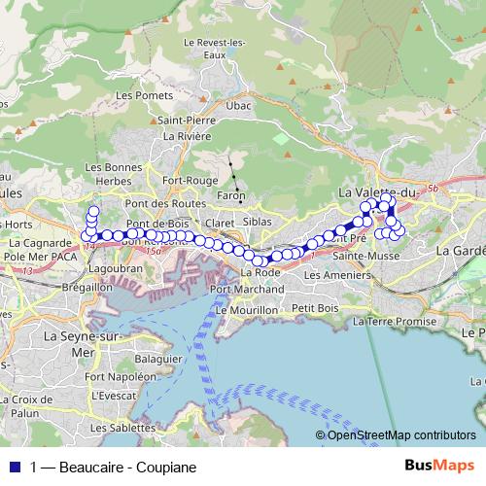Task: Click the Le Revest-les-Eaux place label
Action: (220, 49)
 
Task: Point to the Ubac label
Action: (238, 105)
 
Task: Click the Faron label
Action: (231, 196)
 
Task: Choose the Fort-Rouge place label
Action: (191, 180)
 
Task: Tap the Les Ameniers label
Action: (331, 275)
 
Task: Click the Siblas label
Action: (259, 222)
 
